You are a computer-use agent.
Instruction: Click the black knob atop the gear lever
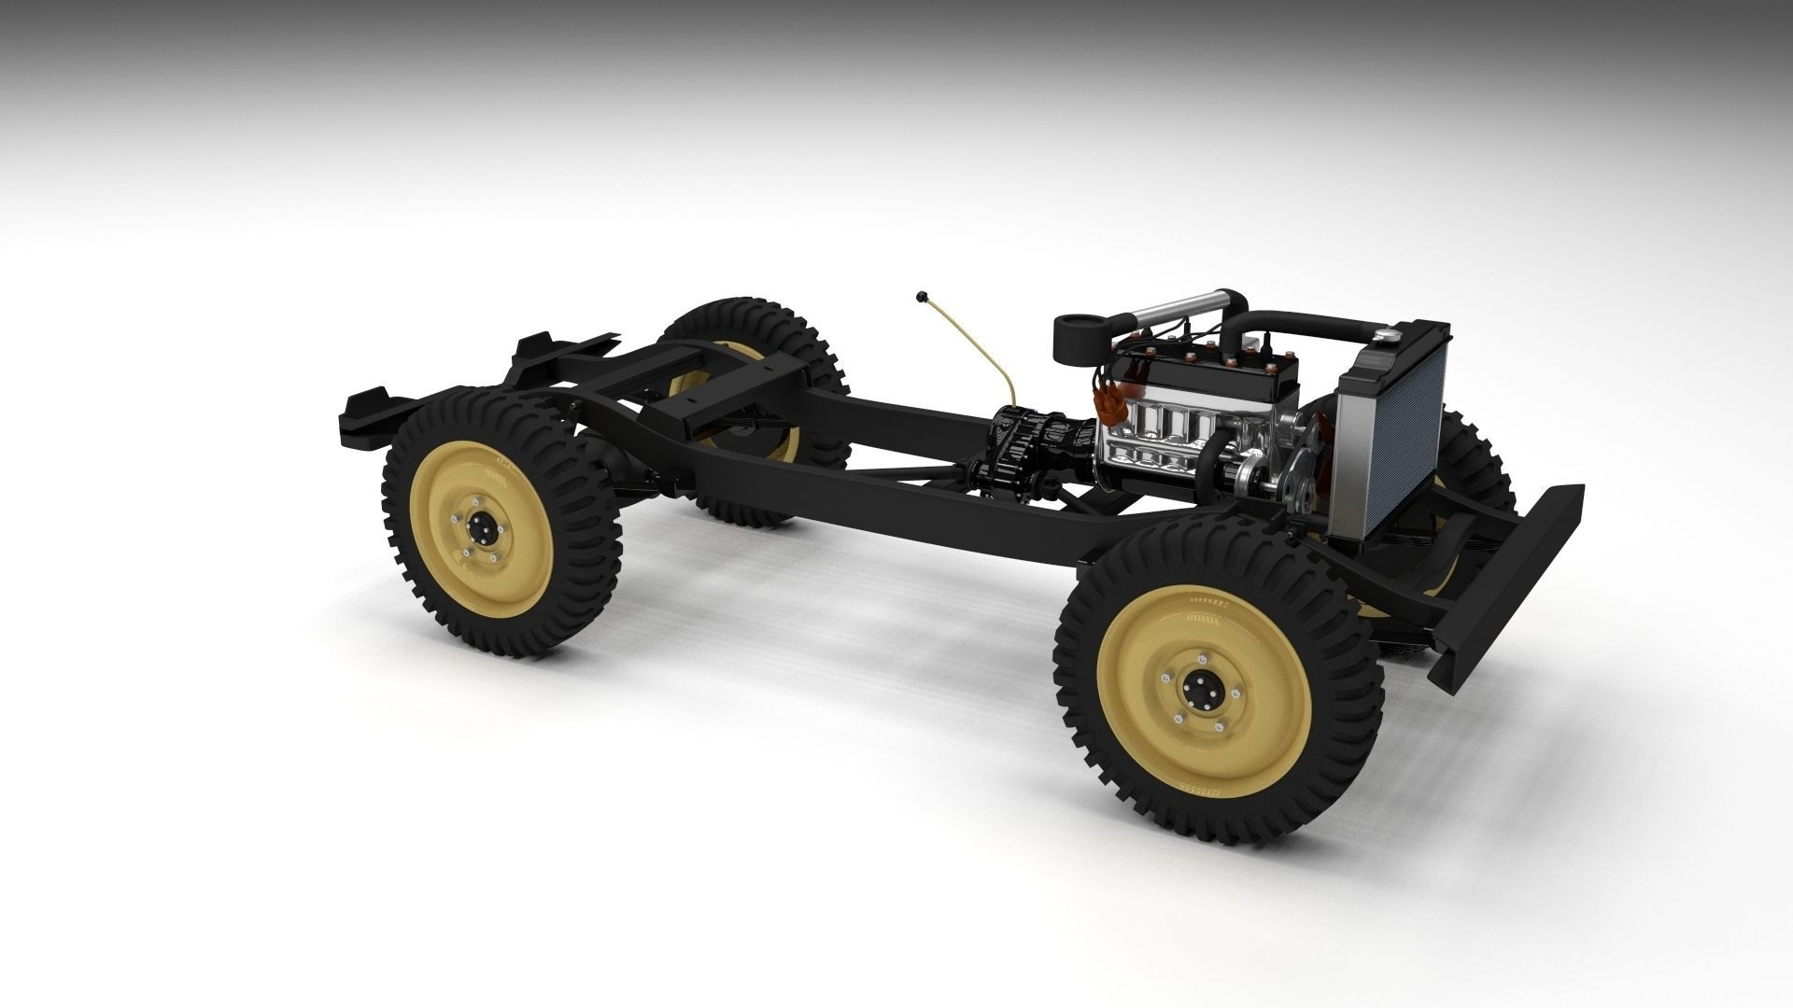(x=922, y=299)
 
